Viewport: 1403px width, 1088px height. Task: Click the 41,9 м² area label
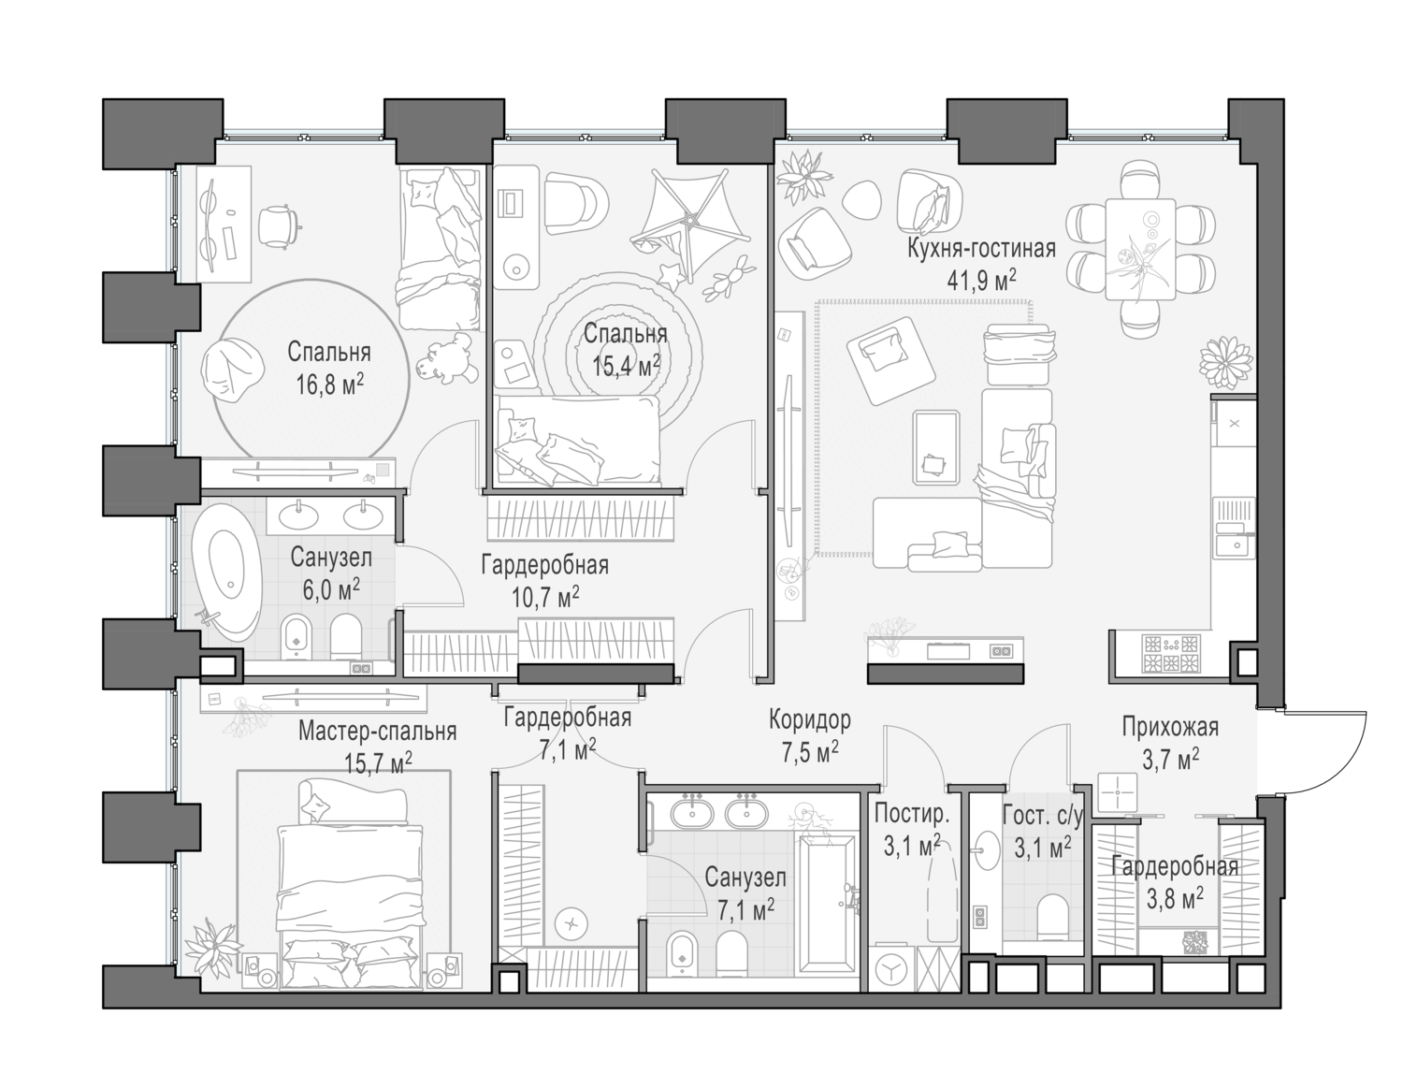tap(981, 280)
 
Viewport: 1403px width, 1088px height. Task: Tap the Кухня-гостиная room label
tap(981, 249)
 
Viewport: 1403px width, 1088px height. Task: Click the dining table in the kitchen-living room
tap(1139, 248)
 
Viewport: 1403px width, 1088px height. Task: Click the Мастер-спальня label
tap(377, 732)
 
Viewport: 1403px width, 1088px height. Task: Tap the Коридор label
tap(809, 719)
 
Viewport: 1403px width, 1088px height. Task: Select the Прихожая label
tap(1170, 726)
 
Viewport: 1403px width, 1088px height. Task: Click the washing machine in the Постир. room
tap(892, 969)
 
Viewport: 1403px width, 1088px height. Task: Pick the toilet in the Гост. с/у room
tap(1052, 915)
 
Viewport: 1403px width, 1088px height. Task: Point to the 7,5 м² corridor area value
tap(809, 750)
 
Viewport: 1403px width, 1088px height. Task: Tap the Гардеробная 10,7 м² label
tap(544, 579)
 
